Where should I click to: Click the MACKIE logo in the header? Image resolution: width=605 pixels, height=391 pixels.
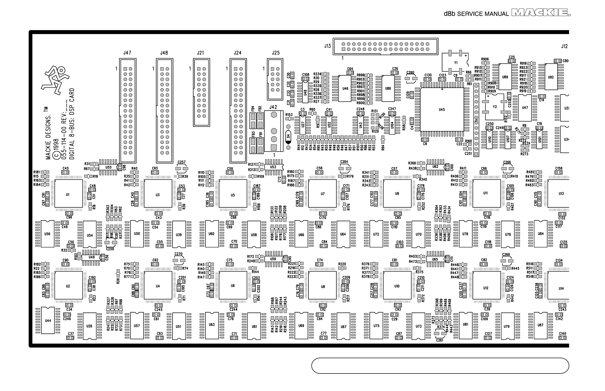540,13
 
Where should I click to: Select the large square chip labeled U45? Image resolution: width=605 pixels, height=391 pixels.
442,109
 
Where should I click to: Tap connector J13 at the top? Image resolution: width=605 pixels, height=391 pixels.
385,46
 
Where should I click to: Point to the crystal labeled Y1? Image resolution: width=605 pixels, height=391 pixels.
455,62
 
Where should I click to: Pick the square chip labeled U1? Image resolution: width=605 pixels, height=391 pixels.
68,194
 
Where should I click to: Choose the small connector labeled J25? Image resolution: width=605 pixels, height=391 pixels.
275,79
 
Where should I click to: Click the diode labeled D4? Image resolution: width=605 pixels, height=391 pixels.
288,136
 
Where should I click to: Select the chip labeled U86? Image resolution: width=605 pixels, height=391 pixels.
388,88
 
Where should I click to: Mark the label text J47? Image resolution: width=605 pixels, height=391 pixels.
127,53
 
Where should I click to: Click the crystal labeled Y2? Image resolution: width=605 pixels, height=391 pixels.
495,107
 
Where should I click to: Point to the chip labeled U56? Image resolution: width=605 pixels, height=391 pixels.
47,234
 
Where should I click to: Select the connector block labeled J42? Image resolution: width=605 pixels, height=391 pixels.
274,131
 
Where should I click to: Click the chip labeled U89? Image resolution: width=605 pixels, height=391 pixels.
505,77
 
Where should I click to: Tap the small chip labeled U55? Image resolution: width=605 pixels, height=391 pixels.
108,167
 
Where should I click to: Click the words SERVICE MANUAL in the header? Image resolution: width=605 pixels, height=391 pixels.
483,14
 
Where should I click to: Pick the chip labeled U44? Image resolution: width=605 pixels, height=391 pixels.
48,320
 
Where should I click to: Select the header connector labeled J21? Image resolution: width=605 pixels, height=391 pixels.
201,92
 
